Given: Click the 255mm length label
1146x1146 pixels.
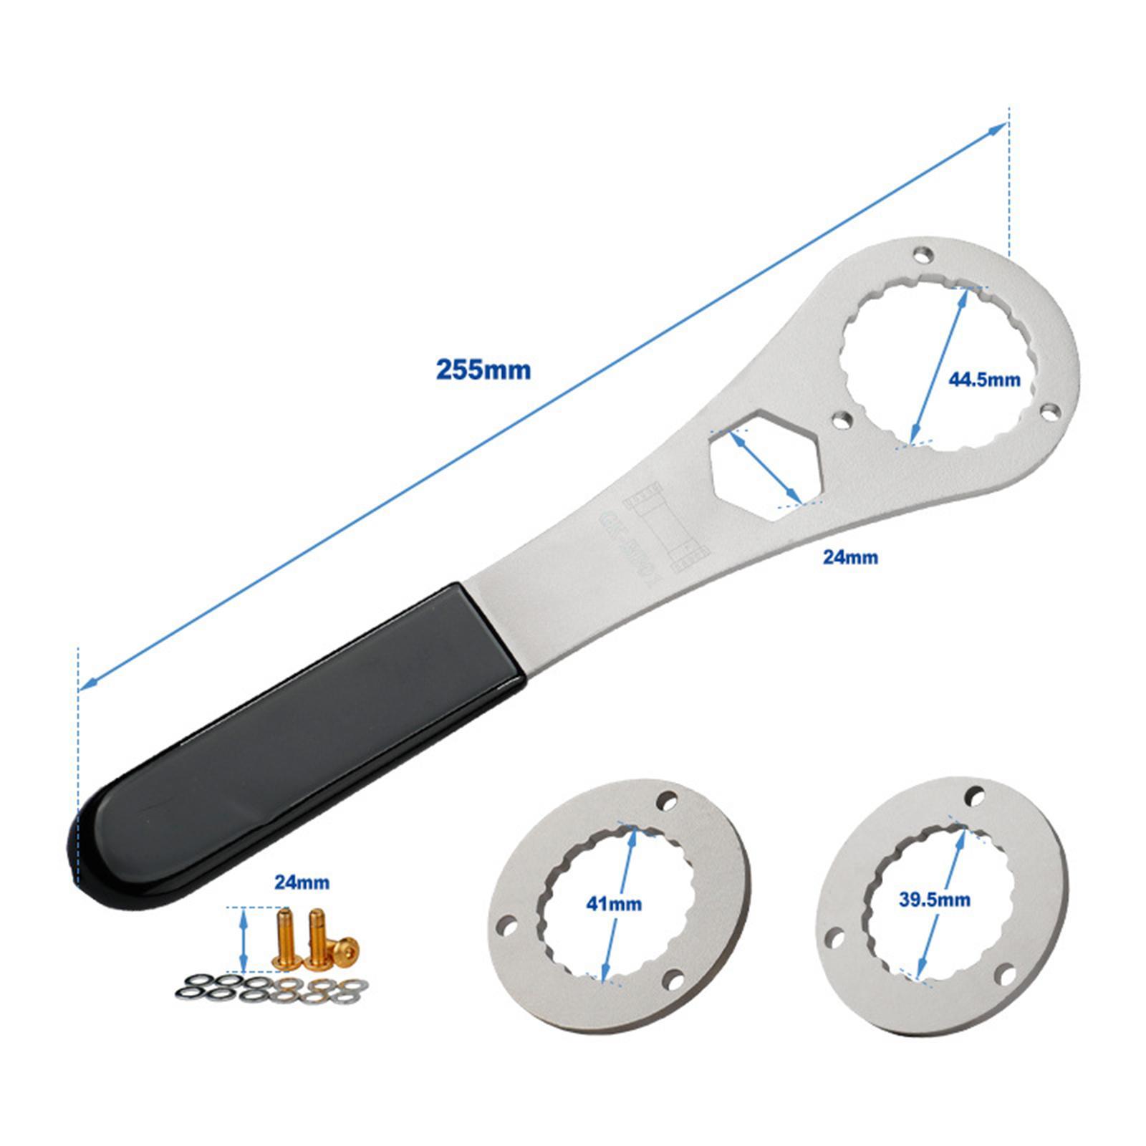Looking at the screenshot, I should click(x=483, y=370).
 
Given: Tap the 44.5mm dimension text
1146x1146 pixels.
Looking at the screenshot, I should click(x=984, y=379).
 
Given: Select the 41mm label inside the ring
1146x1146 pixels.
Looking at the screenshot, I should click(x=614, y=904).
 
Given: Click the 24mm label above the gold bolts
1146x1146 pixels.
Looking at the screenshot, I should click(x=302, y=882).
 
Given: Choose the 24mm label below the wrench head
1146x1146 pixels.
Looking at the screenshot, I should click(x=849, y=556).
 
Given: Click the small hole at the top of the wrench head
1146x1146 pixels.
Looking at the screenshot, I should click(x=924, y=255).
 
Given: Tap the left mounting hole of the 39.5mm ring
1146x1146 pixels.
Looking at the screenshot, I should click(x=835, y=937).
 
